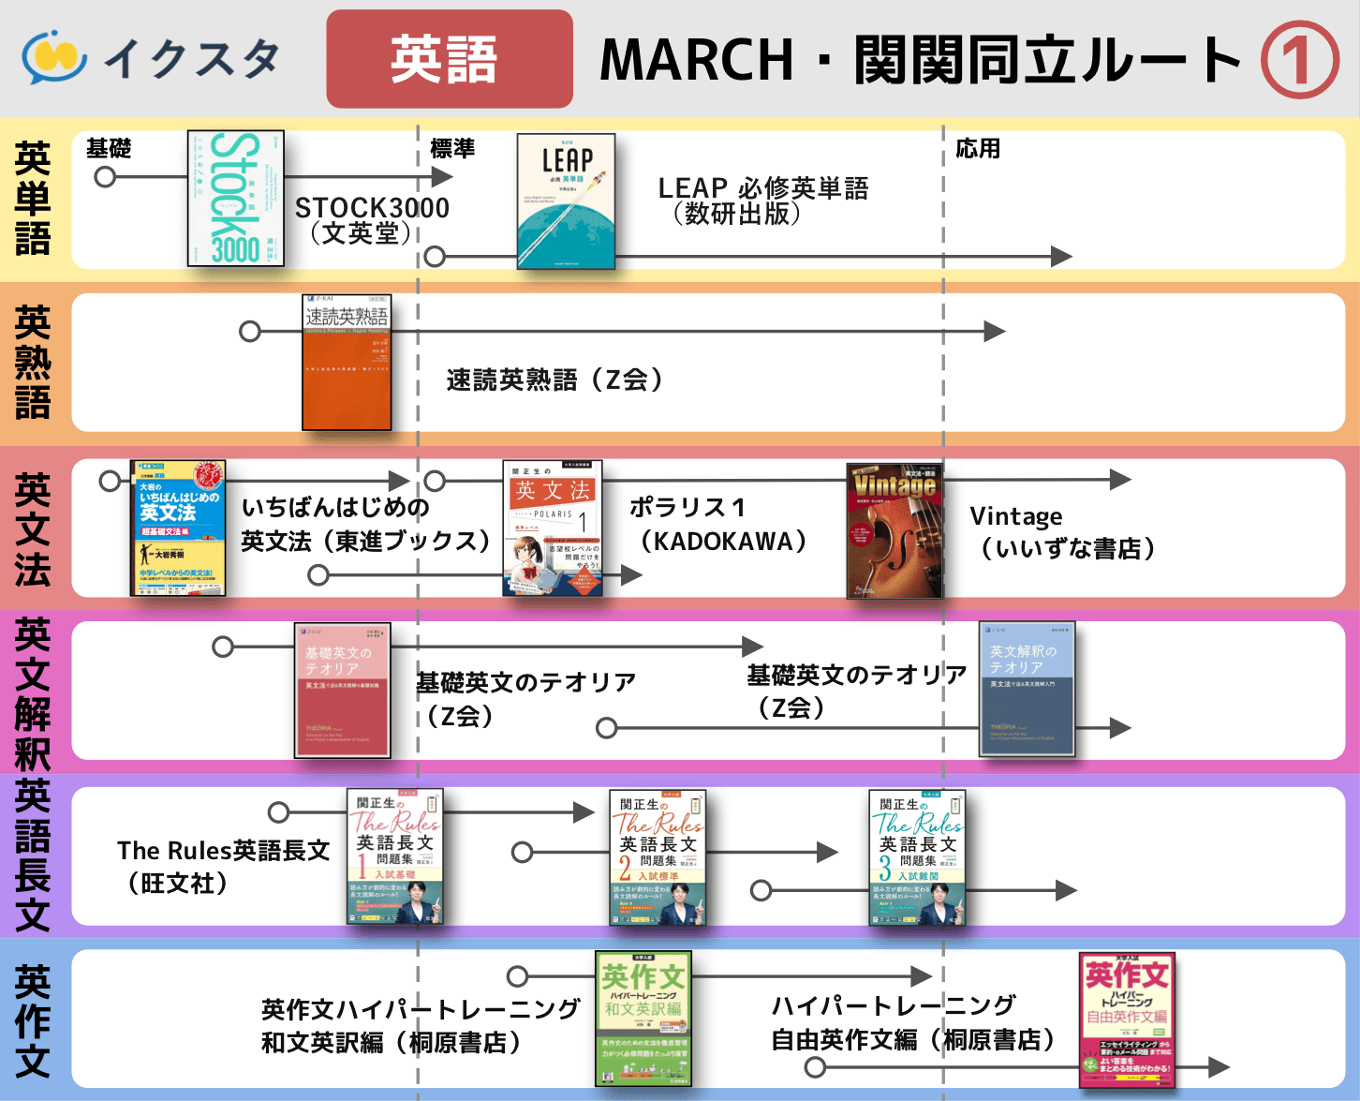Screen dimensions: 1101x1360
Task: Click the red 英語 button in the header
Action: pos(449,59)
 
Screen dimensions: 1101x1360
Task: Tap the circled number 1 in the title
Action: pos(1299,60)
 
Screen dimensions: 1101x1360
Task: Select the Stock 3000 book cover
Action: pos(236,198)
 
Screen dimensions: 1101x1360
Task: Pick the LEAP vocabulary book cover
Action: pos(566,201)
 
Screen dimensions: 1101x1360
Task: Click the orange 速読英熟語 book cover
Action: pos(347,363)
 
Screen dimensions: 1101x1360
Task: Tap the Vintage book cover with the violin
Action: pos(894,530)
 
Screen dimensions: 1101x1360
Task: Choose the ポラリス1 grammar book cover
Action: pos(553,528)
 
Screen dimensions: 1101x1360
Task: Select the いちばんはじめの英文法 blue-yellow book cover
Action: pos(178,528)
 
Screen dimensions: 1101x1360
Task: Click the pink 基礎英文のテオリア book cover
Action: pos(342,690)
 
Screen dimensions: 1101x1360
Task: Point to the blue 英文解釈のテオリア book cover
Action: pos(1027,689)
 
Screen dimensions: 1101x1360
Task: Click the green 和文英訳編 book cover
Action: pos(643,1019)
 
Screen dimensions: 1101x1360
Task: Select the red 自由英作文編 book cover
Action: pos(1127,1019)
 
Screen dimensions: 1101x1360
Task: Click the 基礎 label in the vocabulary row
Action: pos(109,148)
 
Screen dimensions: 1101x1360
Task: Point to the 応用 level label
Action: pos(978,148)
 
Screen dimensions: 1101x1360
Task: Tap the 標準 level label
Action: pos(452,148)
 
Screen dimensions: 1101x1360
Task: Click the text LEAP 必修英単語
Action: pos(763,188)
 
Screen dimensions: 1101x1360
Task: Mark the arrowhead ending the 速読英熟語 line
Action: pos(995,331)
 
